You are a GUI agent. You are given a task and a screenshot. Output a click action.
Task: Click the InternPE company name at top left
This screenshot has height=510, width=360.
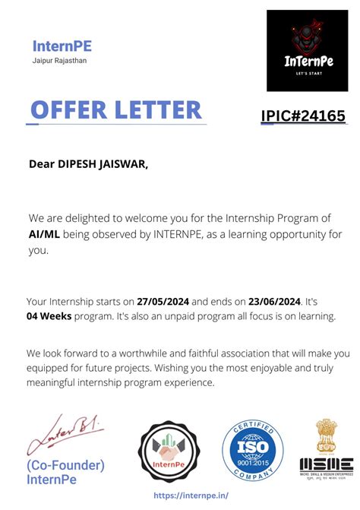click(62, 46)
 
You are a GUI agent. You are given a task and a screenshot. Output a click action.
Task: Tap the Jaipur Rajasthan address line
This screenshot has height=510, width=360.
click(59, 61)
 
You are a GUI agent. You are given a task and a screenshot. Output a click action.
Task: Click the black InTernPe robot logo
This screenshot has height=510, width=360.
click(307, 50)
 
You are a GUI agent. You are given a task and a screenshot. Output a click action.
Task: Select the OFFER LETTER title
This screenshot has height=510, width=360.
click(116, 109)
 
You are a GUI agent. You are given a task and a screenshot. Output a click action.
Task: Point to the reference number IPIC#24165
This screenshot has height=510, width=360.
click(303, 116)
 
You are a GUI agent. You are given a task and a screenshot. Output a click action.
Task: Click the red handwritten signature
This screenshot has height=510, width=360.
click(65, 434)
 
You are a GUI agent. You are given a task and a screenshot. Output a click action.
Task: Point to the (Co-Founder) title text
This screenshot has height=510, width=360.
click(65, 465)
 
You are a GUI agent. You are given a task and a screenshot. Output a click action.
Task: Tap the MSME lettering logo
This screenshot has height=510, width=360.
click(326, 463)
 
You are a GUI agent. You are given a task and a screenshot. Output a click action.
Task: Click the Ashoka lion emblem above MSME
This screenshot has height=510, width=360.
click(326, 436)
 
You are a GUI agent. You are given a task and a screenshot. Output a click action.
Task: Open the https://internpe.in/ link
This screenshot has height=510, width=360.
click(191, 495)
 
